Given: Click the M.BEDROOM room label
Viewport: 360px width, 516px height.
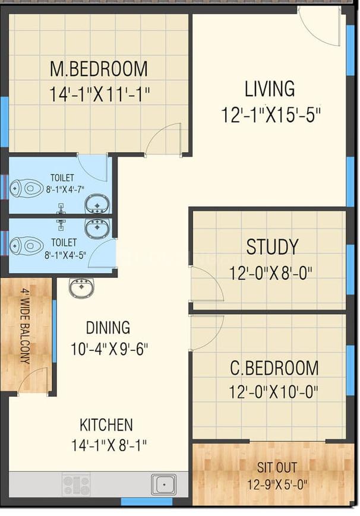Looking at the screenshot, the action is pos(99,69).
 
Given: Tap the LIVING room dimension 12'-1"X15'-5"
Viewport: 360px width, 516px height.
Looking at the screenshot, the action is pos(271,115).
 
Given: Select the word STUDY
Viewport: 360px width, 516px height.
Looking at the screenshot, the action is pos(273,247).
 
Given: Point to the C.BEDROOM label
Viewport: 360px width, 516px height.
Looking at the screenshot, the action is pos(274,368).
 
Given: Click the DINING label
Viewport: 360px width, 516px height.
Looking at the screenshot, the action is pos(108,327).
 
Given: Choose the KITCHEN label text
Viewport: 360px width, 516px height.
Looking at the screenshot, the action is pos(106,425).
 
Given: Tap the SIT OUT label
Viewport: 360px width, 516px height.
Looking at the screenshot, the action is pos(277,467).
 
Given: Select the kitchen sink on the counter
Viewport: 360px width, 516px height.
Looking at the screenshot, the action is pos(163,485).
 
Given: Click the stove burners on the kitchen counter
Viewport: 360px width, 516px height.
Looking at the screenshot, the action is pos(77,485).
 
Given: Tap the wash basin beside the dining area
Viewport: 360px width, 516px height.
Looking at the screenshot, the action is pos(81,288).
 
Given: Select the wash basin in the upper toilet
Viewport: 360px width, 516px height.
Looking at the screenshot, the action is pos(97,204).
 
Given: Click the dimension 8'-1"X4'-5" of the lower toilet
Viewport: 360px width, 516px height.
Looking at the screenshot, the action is pos(65,255).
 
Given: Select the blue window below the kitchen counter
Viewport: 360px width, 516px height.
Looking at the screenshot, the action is pos(147,502).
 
